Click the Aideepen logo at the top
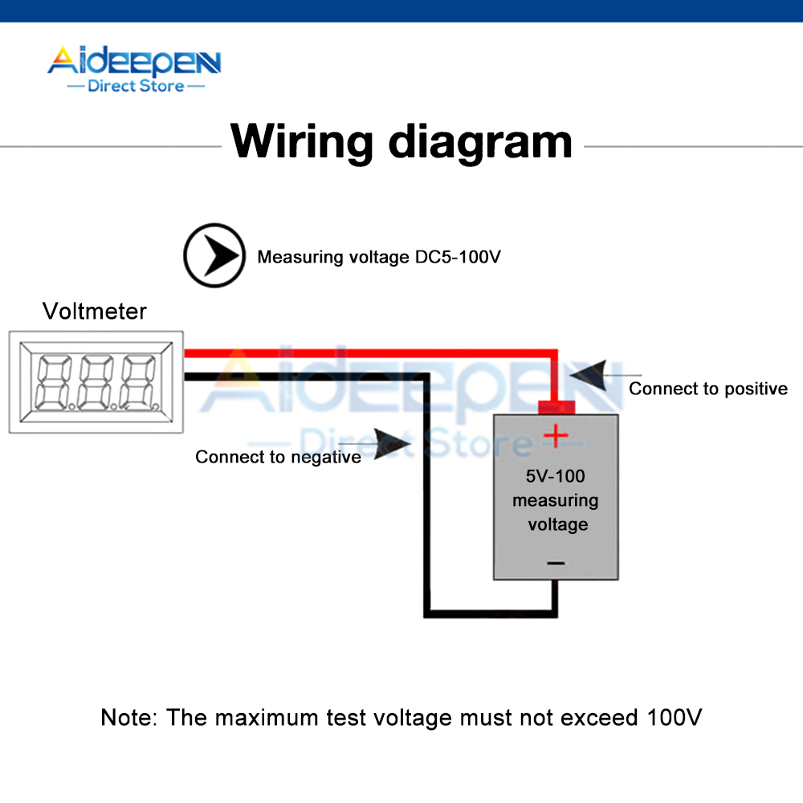133,63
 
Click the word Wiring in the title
302,141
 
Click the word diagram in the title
480,143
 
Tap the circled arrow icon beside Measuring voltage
214,256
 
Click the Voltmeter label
95,311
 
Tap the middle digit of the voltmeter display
95,381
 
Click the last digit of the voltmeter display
137,381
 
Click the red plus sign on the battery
555,437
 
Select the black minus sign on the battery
556,564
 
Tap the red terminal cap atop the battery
555,406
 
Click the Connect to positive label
707,389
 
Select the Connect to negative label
278,457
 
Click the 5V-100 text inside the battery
556,475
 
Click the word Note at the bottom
127,717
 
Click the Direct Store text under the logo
136,86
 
